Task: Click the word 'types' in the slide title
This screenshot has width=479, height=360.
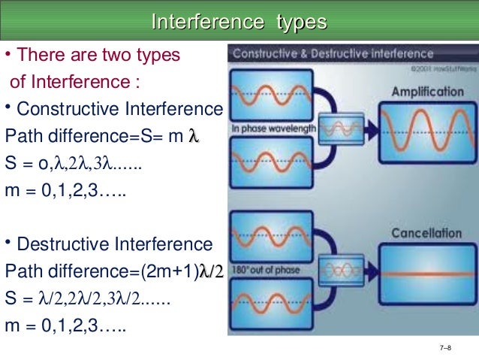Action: point(302,22)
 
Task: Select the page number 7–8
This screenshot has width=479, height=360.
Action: point(446,347)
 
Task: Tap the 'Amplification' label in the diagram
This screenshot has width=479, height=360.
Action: point(427,92)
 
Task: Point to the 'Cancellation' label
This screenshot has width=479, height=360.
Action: point(426,234)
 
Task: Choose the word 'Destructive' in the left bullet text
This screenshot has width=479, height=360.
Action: point(60,244)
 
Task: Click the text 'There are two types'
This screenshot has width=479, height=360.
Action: point(98,56)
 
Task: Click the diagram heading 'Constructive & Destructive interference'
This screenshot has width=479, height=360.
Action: point(333,54)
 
